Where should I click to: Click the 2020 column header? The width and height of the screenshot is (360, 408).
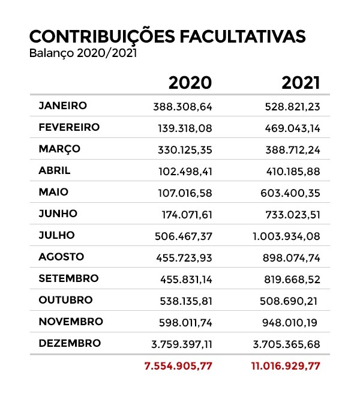point(190,82)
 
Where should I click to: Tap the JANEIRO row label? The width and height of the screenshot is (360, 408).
point(62,106)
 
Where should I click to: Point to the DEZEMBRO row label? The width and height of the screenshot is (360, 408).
point(69,343)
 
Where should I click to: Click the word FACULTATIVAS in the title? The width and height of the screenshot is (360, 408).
point(243,36)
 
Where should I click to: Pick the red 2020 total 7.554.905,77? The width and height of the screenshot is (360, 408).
point(178,365)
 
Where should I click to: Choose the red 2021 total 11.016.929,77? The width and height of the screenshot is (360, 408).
point(286,365)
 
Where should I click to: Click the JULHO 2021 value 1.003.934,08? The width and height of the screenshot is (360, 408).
point(286,236)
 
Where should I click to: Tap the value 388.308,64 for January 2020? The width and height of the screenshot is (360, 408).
point(184,107)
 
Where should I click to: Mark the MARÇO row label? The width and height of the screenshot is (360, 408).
point(59,149)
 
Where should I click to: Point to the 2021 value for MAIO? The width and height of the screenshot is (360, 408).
point(293,193)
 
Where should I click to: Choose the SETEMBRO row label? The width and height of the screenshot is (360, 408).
point(68,278)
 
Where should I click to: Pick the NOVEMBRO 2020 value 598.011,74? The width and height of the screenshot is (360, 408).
point(184,322)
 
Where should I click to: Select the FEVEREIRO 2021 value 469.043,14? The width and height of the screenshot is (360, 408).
point(293,128)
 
